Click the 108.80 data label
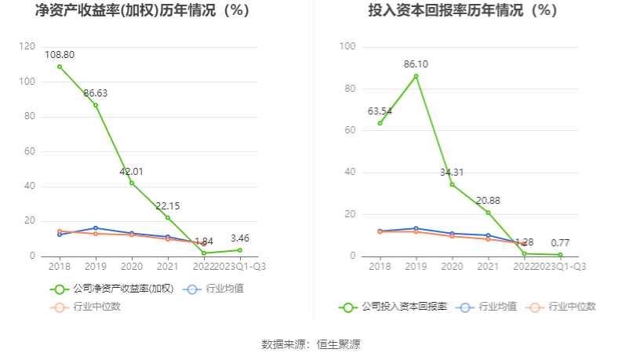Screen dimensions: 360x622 (60, 55)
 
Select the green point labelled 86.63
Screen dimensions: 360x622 (96, 105)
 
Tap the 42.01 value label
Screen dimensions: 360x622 (132, 172)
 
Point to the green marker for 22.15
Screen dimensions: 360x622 (168, 217)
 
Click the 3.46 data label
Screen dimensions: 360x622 (240, 237)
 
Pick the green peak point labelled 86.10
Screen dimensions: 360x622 (416, 76)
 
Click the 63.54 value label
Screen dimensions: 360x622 (380, 111)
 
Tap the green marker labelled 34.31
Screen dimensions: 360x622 (452, 184)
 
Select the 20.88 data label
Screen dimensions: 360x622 (488, 201)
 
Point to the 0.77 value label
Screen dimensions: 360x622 (560, 242)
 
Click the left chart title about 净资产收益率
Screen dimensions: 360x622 (142, 11)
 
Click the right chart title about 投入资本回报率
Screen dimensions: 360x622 (463, 11)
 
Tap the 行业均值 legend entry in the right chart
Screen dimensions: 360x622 (496, 307)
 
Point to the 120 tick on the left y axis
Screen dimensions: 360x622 (29, 47)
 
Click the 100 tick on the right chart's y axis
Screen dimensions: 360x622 (349, 47)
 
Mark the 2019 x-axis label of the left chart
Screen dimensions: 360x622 (96, 266)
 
